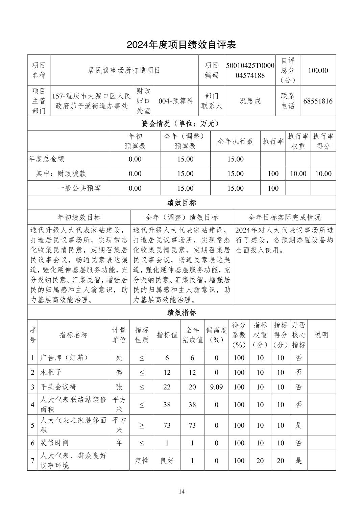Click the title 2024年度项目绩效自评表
point(181,44)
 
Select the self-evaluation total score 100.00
point(318,70)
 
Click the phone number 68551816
point(318,101)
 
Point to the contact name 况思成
point(250,101)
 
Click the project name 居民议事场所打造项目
point(124,70)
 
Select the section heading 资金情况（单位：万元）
point(181,123)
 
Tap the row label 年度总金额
point(47,159)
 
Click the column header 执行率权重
point(298,141)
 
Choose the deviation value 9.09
point(216,387)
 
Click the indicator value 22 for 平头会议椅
point(167,387)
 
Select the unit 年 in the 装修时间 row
point(119,443)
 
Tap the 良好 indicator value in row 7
point(167,461)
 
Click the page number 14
point(182,492)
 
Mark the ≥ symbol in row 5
point(142,425)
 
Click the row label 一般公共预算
point(79,188)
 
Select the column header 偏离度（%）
point(216,335)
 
